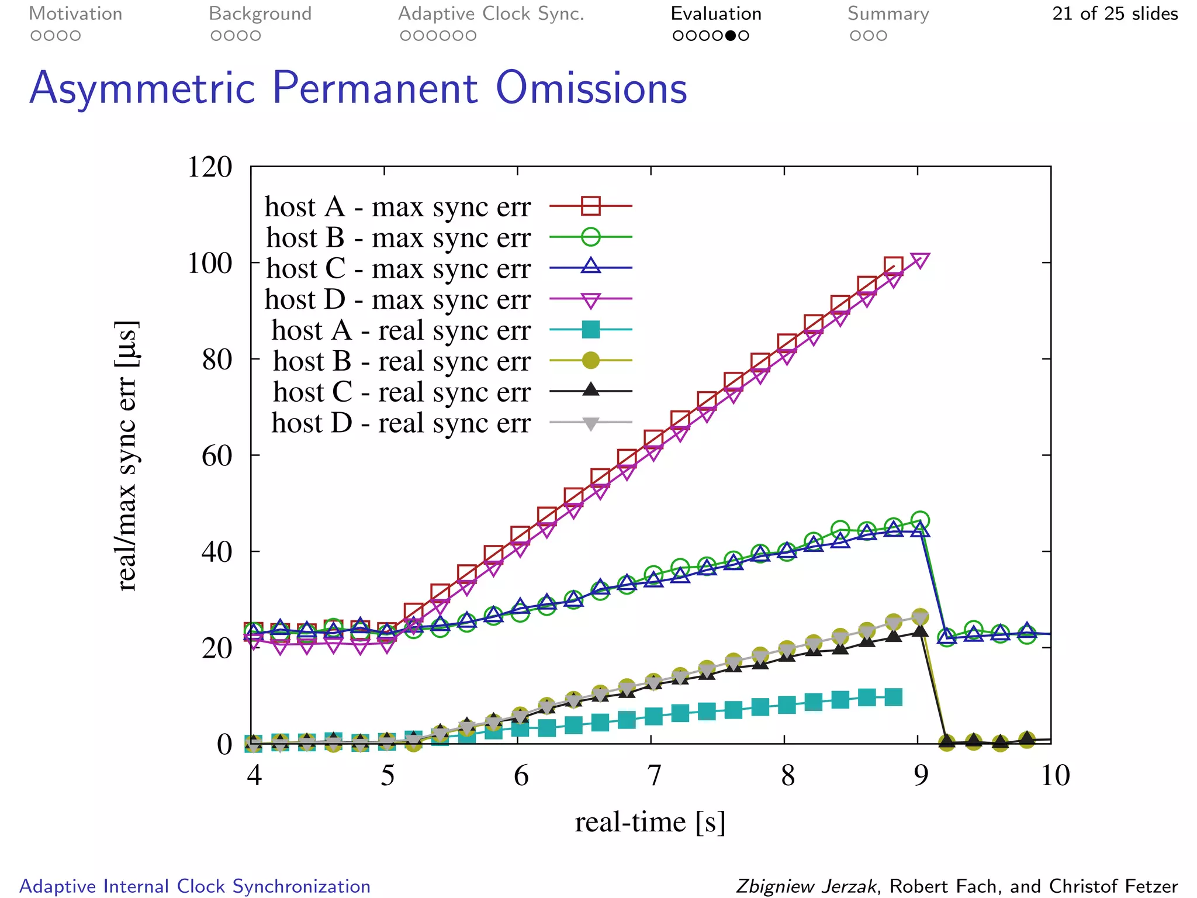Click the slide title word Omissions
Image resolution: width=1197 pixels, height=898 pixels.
(591, 88)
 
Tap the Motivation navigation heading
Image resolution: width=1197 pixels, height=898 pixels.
(75, 13)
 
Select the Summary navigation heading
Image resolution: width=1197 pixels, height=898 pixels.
(888, 13)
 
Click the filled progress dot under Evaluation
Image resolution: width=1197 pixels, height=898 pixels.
(730, 36)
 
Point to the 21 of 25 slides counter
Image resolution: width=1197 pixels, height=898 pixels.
(1115, 13)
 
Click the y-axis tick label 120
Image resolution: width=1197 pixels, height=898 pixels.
(209, 167)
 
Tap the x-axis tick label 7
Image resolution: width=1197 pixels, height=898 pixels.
(654, 776)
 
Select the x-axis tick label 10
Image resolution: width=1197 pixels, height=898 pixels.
(1055, 776)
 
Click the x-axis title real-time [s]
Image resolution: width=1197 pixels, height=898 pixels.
(650, 822)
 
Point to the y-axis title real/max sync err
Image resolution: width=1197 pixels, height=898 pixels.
(127, 456)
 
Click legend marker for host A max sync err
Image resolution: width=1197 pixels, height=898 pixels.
(591, 206)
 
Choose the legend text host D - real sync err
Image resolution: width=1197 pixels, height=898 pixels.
(401, 423)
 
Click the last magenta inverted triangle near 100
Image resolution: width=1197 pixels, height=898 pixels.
(920, 260)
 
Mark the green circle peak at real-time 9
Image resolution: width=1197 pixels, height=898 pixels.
(920, 520)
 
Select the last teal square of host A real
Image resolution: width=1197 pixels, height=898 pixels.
(893, 697)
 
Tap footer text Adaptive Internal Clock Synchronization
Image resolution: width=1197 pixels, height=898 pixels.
(195, 886)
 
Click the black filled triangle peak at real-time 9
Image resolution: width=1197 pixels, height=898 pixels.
(920, 630)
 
